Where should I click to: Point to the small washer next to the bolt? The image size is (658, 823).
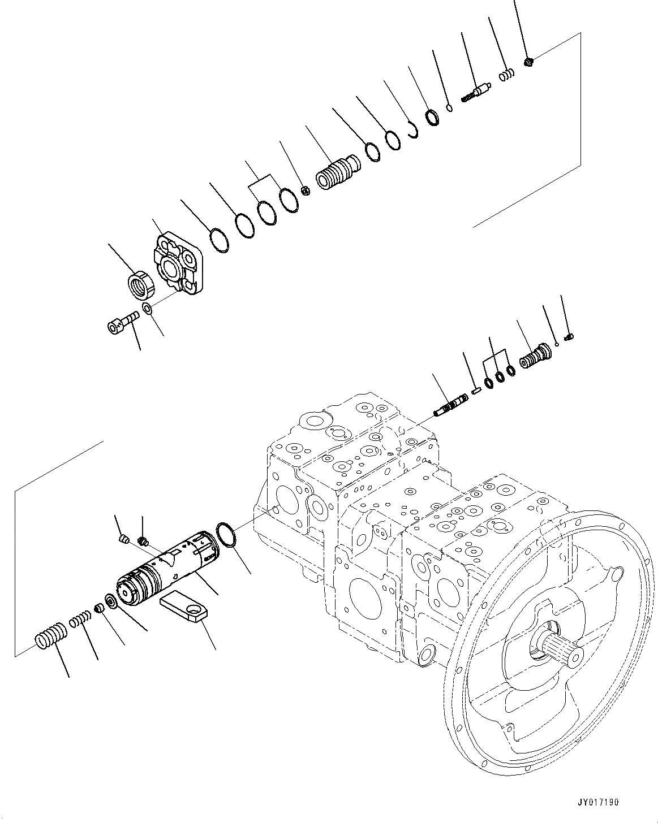(147, 309)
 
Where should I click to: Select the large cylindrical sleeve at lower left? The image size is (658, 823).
(168, 568)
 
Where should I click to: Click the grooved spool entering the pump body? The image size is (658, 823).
(450, 405)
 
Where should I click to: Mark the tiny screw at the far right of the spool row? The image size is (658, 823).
(570, 337)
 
